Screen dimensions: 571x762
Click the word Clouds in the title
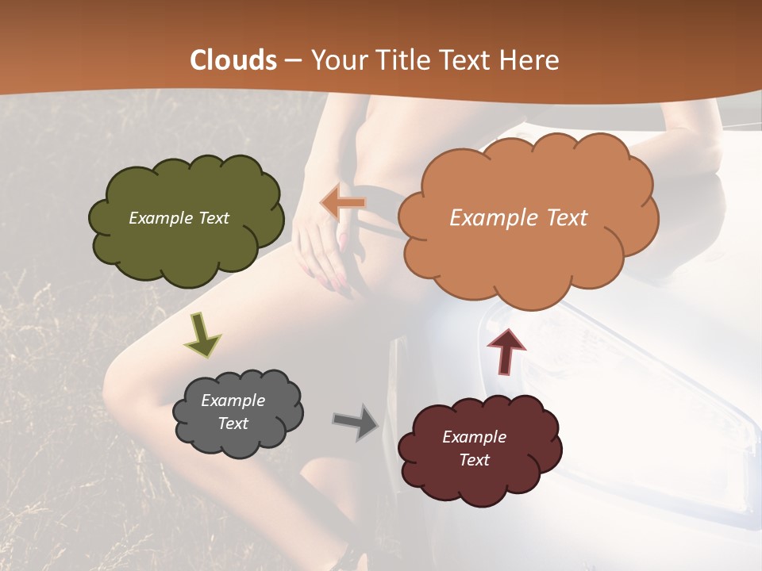pyautogui.click(x=234, y=60)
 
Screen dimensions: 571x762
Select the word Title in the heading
pyautogui.click(x=407, y=60)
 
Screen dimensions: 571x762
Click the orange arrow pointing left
pyautogui.click(x=343, y=203)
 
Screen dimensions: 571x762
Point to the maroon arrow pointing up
pyautogui.click(x=506, y=351)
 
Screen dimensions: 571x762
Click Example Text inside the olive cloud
pyautogui.click(x=179, y=218)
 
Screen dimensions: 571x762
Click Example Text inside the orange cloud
pyautogui.click(x=518, y=218)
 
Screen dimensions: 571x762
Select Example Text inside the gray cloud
pyautogui.click(x=233, y=412)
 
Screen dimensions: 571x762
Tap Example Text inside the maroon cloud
pyautogui.click(x=474, y=448)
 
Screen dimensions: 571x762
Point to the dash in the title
pyautogui.click(x=292, y=60)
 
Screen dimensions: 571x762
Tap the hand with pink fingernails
pyautogui.click(x=325, y=254)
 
